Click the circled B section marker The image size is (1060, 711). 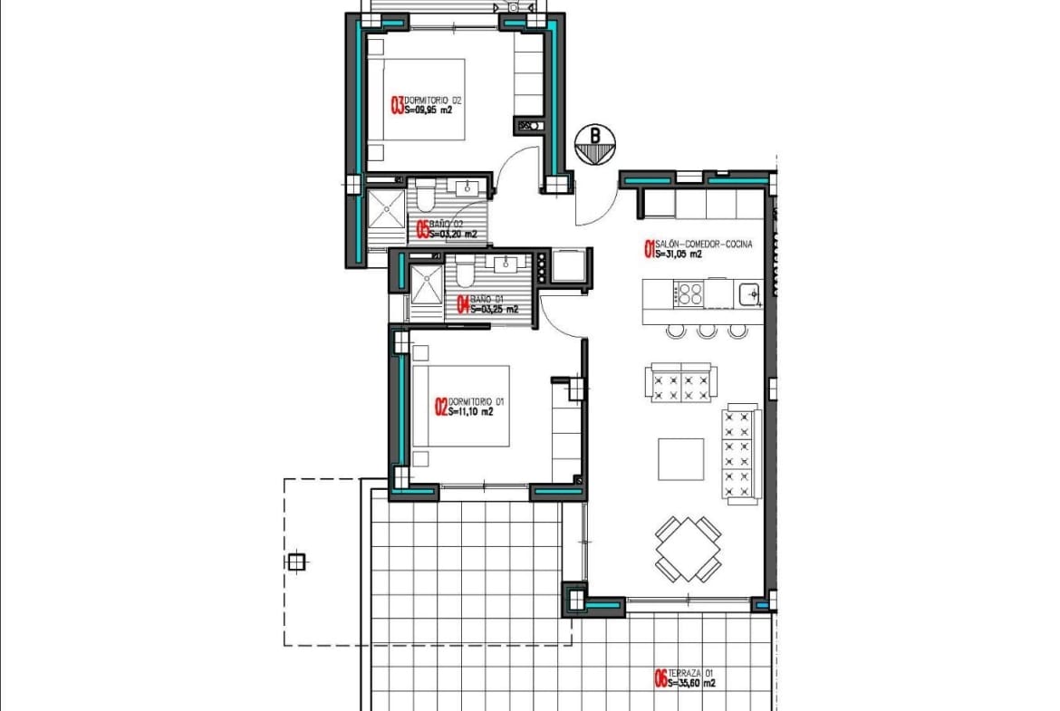coord(594,142)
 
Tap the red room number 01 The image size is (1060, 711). coord(649,249)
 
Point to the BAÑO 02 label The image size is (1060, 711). coord(447,224)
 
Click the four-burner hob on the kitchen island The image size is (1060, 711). coord(690,293)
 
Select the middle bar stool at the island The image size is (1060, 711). coord(707,331)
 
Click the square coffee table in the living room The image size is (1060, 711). coord(680,459)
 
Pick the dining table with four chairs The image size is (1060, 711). coord(689,549)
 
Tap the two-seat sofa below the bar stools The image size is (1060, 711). coord(682,382)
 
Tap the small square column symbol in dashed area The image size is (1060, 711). coord(295,562)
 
